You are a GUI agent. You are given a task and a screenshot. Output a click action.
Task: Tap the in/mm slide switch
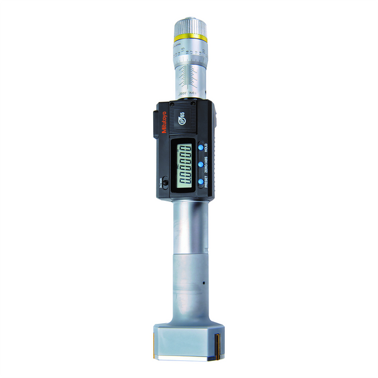point(165,183)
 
